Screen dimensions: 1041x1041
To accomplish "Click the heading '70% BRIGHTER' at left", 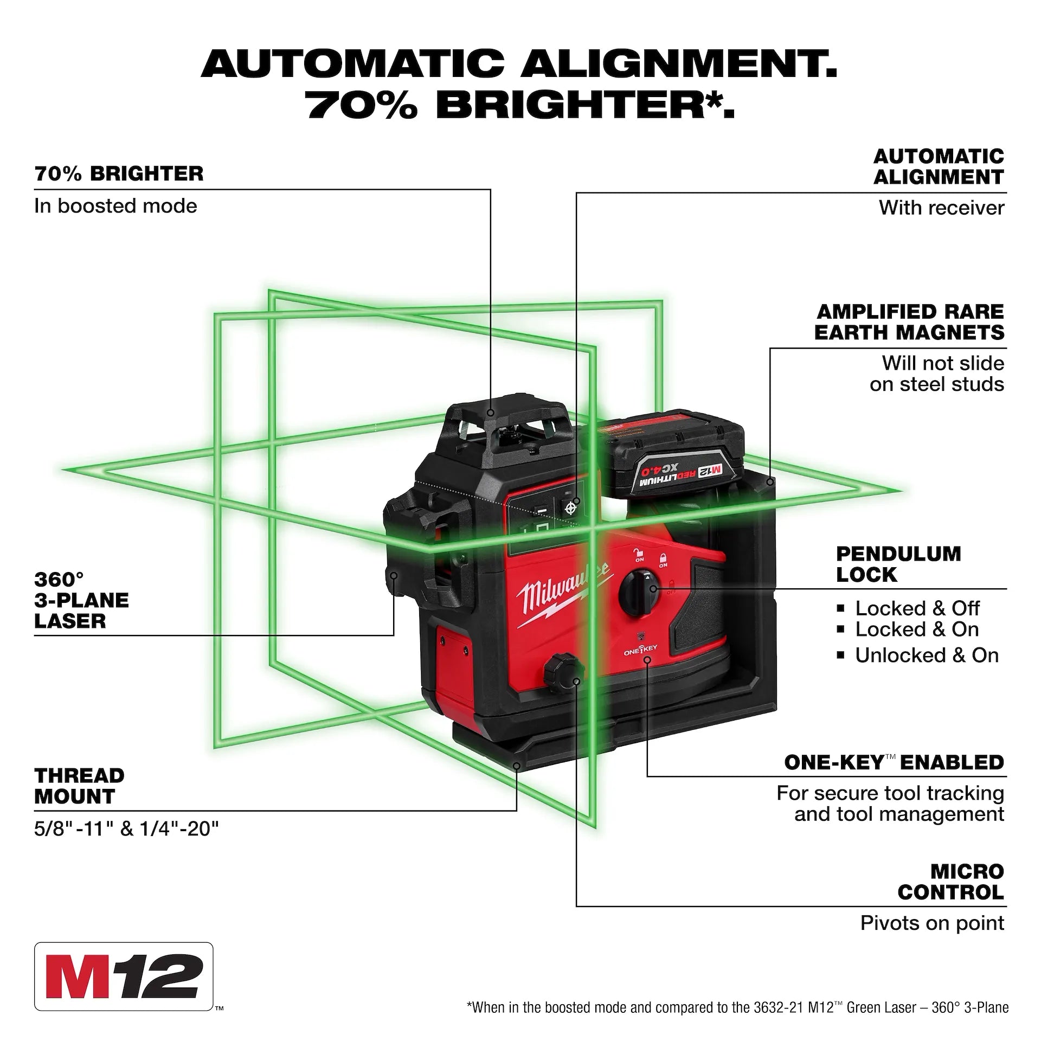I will coord(119,174).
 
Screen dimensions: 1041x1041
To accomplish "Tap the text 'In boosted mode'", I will coord(115,207).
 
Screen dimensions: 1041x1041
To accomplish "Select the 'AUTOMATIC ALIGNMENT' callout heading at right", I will coord(939,166).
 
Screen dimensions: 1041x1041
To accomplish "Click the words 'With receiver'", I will coord(941,208).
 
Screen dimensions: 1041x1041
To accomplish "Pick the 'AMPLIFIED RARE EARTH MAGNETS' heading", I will coord(909,322).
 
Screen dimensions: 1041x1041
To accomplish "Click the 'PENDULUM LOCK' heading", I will coord(898,564).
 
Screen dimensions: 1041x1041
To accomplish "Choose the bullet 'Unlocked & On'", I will coord(926,656).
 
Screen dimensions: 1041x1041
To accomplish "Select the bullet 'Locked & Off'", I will coord(917,608).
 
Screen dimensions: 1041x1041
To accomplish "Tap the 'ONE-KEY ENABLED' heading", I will coord(894,762).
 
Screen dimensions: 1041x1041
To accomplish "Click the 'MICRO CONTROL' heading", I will coord(950,882).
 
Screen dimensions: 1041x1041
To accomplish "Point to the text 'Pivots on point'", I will coord(932,923).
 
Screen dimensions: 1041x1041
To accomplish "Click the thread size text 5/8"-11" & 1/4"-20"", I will coord(126,829).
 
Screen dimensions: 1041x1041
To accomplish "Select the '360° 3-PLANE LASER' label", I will coord(81,600).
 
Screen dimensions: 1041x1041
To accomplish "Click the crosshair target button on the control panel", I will coord(570,509).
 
